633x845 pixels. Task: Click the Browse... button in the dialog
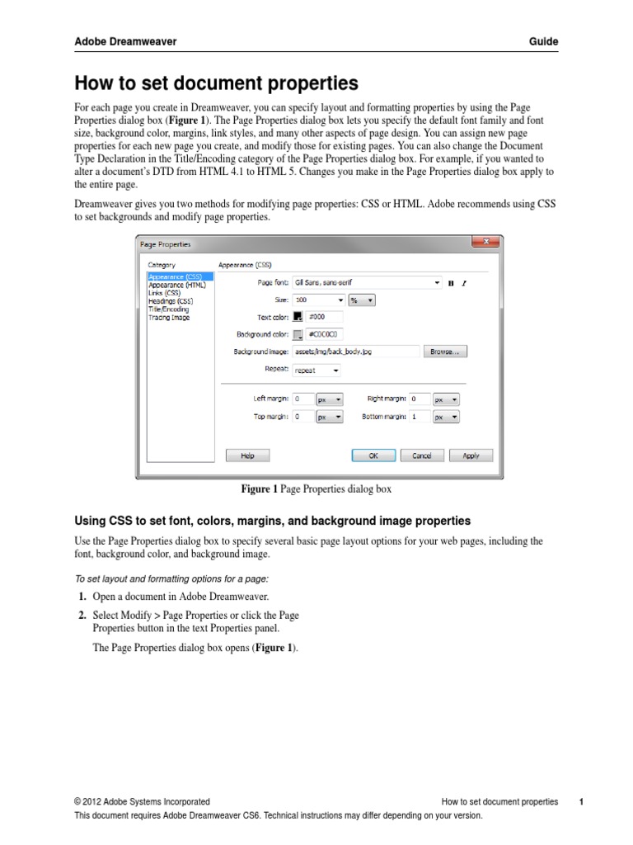(446, 352)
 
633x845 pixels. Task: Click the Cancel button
(421, 456)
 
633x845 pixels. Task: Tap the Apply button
(471, 456)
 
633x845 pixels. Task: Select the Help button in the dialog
(247, 456)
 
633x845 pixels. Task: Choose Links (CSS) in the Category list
(164, 293)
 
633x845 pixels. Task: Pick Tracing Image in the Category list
(169, 318)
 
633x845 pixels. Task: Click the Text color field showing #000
(323, 316)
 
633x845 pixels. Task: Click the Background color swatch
(298, 334)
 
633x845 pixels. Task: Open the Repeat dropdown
(316, 371)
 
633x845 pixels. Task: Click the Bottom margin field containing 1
(419, 418)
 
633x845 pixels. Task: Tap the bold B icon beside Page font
(451, 283)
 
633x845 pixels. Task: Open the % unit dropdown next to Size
(361, 300)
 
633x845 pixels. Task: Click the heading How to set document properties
(217, 83)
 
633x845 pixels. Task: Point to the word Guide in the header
(543, 41)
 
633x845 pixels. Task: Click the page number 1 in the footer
(581, 801)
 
